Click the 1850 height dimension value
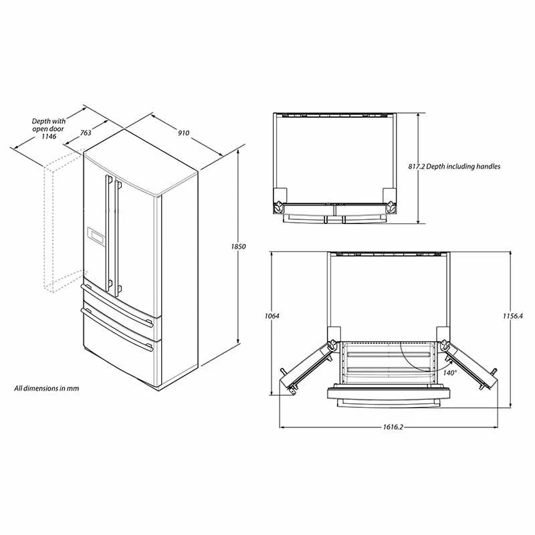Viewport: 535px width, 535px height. pos(239,247)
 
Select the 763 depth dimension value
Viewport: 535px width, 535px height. pos(86,132)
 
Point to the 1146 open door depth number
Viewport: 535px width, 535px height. pos(48,136)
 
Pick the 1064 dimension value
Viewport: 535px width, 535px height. pos(271,316)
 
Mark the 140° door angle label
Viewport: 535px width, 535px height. pos(449,372)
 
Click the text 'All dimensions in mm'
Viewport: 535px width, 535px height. pos(47,388)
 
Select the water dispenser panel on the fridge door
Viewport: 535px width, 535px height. pos(96,236)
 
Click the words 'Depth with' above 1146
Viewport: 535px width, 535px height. pos(48,121)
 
